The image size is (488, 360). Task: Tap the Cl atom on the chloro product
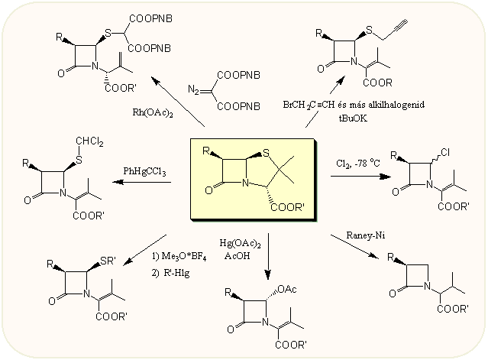click(444, 152)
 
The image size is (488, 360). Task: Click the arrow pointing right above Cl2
click(362, 176)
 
